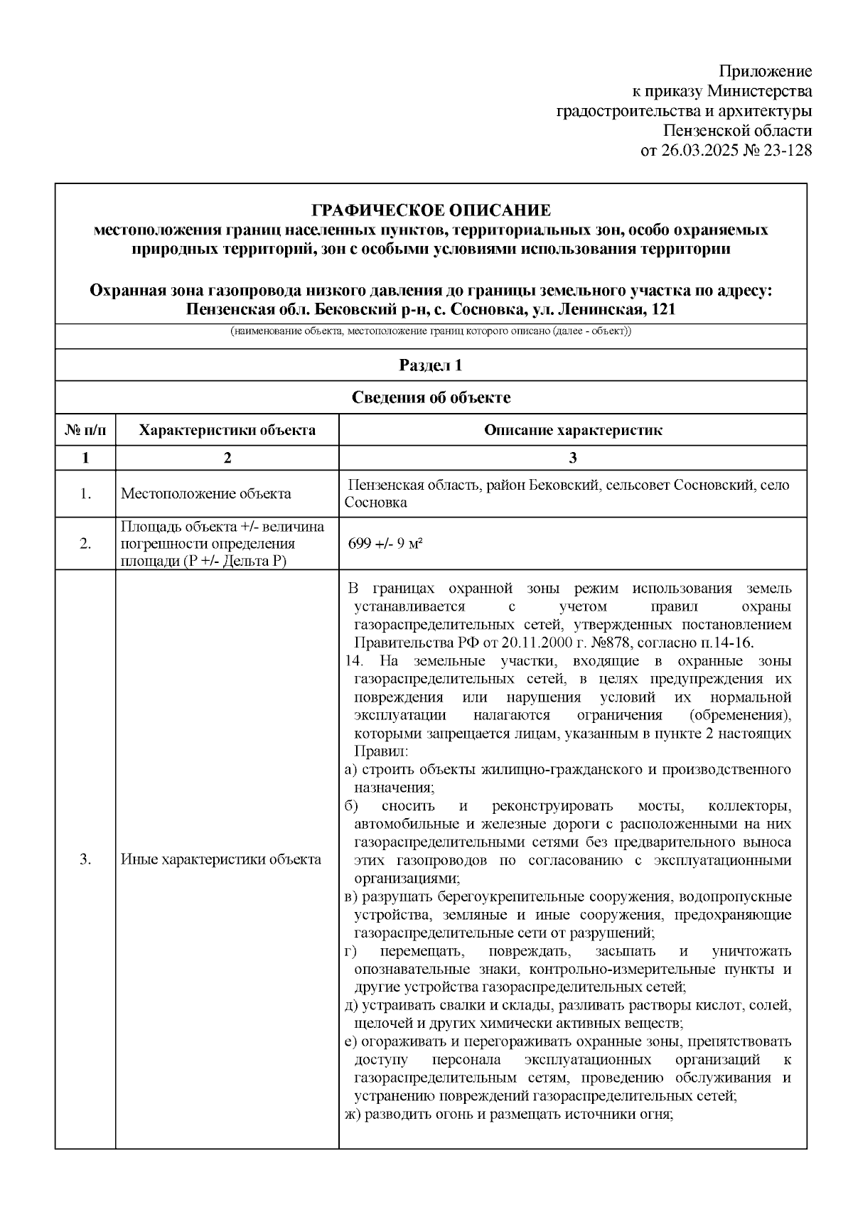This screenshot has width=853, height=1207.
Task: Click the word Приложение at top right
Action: click(765, 71)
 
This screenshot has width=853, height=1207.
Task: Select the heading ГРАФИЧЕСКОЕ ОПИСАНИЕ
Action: click(431, 210)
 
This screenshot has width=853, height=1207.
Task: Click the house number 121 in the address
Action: click(662, 310)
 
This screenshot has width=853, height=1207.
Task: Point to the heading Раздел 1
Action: click(431, 365)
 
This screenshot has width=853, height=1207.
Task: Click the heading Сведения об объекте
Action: click(431, 397)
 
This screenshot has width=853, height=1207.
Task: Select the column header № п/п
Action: click(85, 430)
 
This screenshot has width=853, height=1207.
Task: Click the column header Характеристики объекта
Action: click(227, 430)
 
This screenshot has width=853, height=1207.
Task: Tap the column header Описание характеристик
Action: click(572, 430)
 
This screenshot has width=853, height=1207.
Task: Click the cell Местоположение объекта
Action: click(205, 493)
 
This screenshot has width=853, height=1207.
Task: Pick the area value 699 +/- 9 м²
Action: click(385, 544)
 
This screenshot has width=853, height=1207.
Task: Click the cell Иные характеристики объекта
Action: click(220, 859)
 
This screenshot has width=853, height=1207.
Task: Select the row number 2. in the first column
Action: click(85, 544)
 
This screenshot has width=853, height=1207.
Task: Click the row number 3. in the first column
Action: click(85, 859)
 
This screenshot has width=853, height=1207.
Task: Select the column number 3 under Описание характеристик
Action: click(572, 458)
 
